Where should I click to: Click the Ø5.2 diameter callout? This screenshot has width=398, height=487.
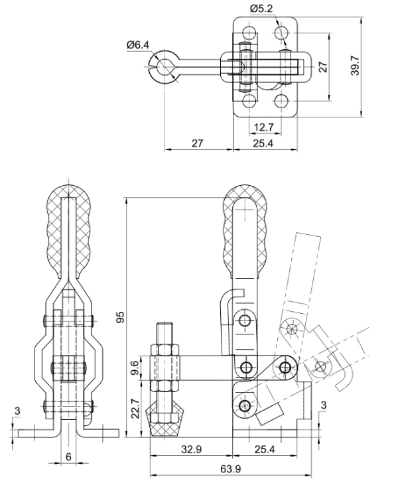261,9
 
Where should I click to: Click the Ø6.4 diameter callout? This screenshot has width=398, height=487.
138,44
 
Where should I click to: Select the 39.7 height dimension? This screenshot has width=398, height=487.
354,66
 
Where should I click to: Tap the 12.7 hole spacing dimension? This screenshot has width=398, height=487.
263,127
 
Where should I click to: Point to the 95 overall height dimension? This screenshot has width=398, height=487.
120,316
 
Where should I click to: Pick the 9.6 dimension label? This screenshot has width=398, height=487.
135,368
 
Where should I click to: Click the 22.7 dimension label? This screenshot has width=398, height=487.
135,408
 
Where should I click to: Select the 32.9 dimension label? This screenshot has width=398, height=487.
192,449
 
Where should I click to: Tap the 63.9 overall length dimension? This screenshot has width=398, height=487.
230,468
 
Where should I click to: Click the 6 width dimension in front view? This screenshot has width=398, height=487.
68,456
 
